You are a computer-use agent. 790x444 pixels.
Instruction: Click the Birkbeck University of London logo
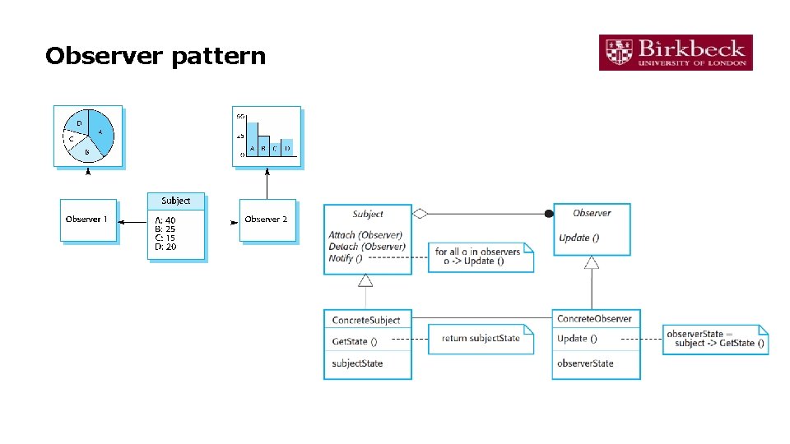click(x=676, y=52)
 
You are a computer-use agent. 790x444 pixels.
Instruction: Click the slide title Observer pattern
click(x=156, y=56)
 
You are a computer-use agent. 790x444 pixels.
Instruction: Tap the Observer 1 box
click(x=88, y=220)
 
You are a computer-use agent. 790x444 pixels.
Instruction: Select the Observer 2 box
click(x=267, y=220)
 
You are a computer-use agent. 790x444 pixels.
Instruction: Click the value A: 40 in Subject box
click(x=165, y=220)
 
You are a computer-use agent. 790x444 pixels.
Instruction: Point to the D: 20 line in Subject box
click(x=165, y=247)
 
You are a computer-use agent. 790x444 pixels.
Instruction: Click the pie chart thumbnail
click(x=88, y=136)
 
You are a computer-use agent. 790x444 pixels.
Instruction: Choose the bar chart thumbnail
click(x=267, y=136)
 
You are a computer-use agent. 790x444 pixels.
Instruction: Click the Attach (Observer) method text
click(x=365, y=235)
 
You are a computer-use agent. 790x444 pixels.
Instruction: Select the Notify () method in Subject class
click(x=341, y=258)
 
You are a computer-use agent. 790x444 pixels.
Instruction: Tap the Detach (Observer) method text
click(x=367, y=247)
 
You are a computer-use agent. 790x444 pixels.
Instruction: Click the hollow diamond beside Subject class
click(x=420, y=214)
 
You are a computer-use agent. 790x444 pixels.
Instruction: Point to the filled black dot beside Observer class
click(x=549, y=214)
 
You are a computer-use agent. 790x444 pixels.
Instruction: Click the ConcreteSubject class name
click(x=366, y=320)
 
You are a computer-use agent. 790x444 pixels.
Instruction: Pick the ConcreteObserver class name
click(x=594, y=319)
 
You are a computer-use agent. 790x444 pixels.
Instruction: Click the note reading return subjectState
click(x=481, y=339)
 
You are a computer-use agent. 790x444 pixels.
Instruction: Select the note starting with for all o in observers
click(x=481, y=257)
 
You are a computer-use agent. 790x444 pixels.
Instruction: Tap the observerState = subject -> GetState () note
click(x=715, y=338)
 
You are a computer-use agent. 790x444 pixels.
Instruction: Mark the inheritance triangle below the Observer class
click(x=592, y=262)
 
